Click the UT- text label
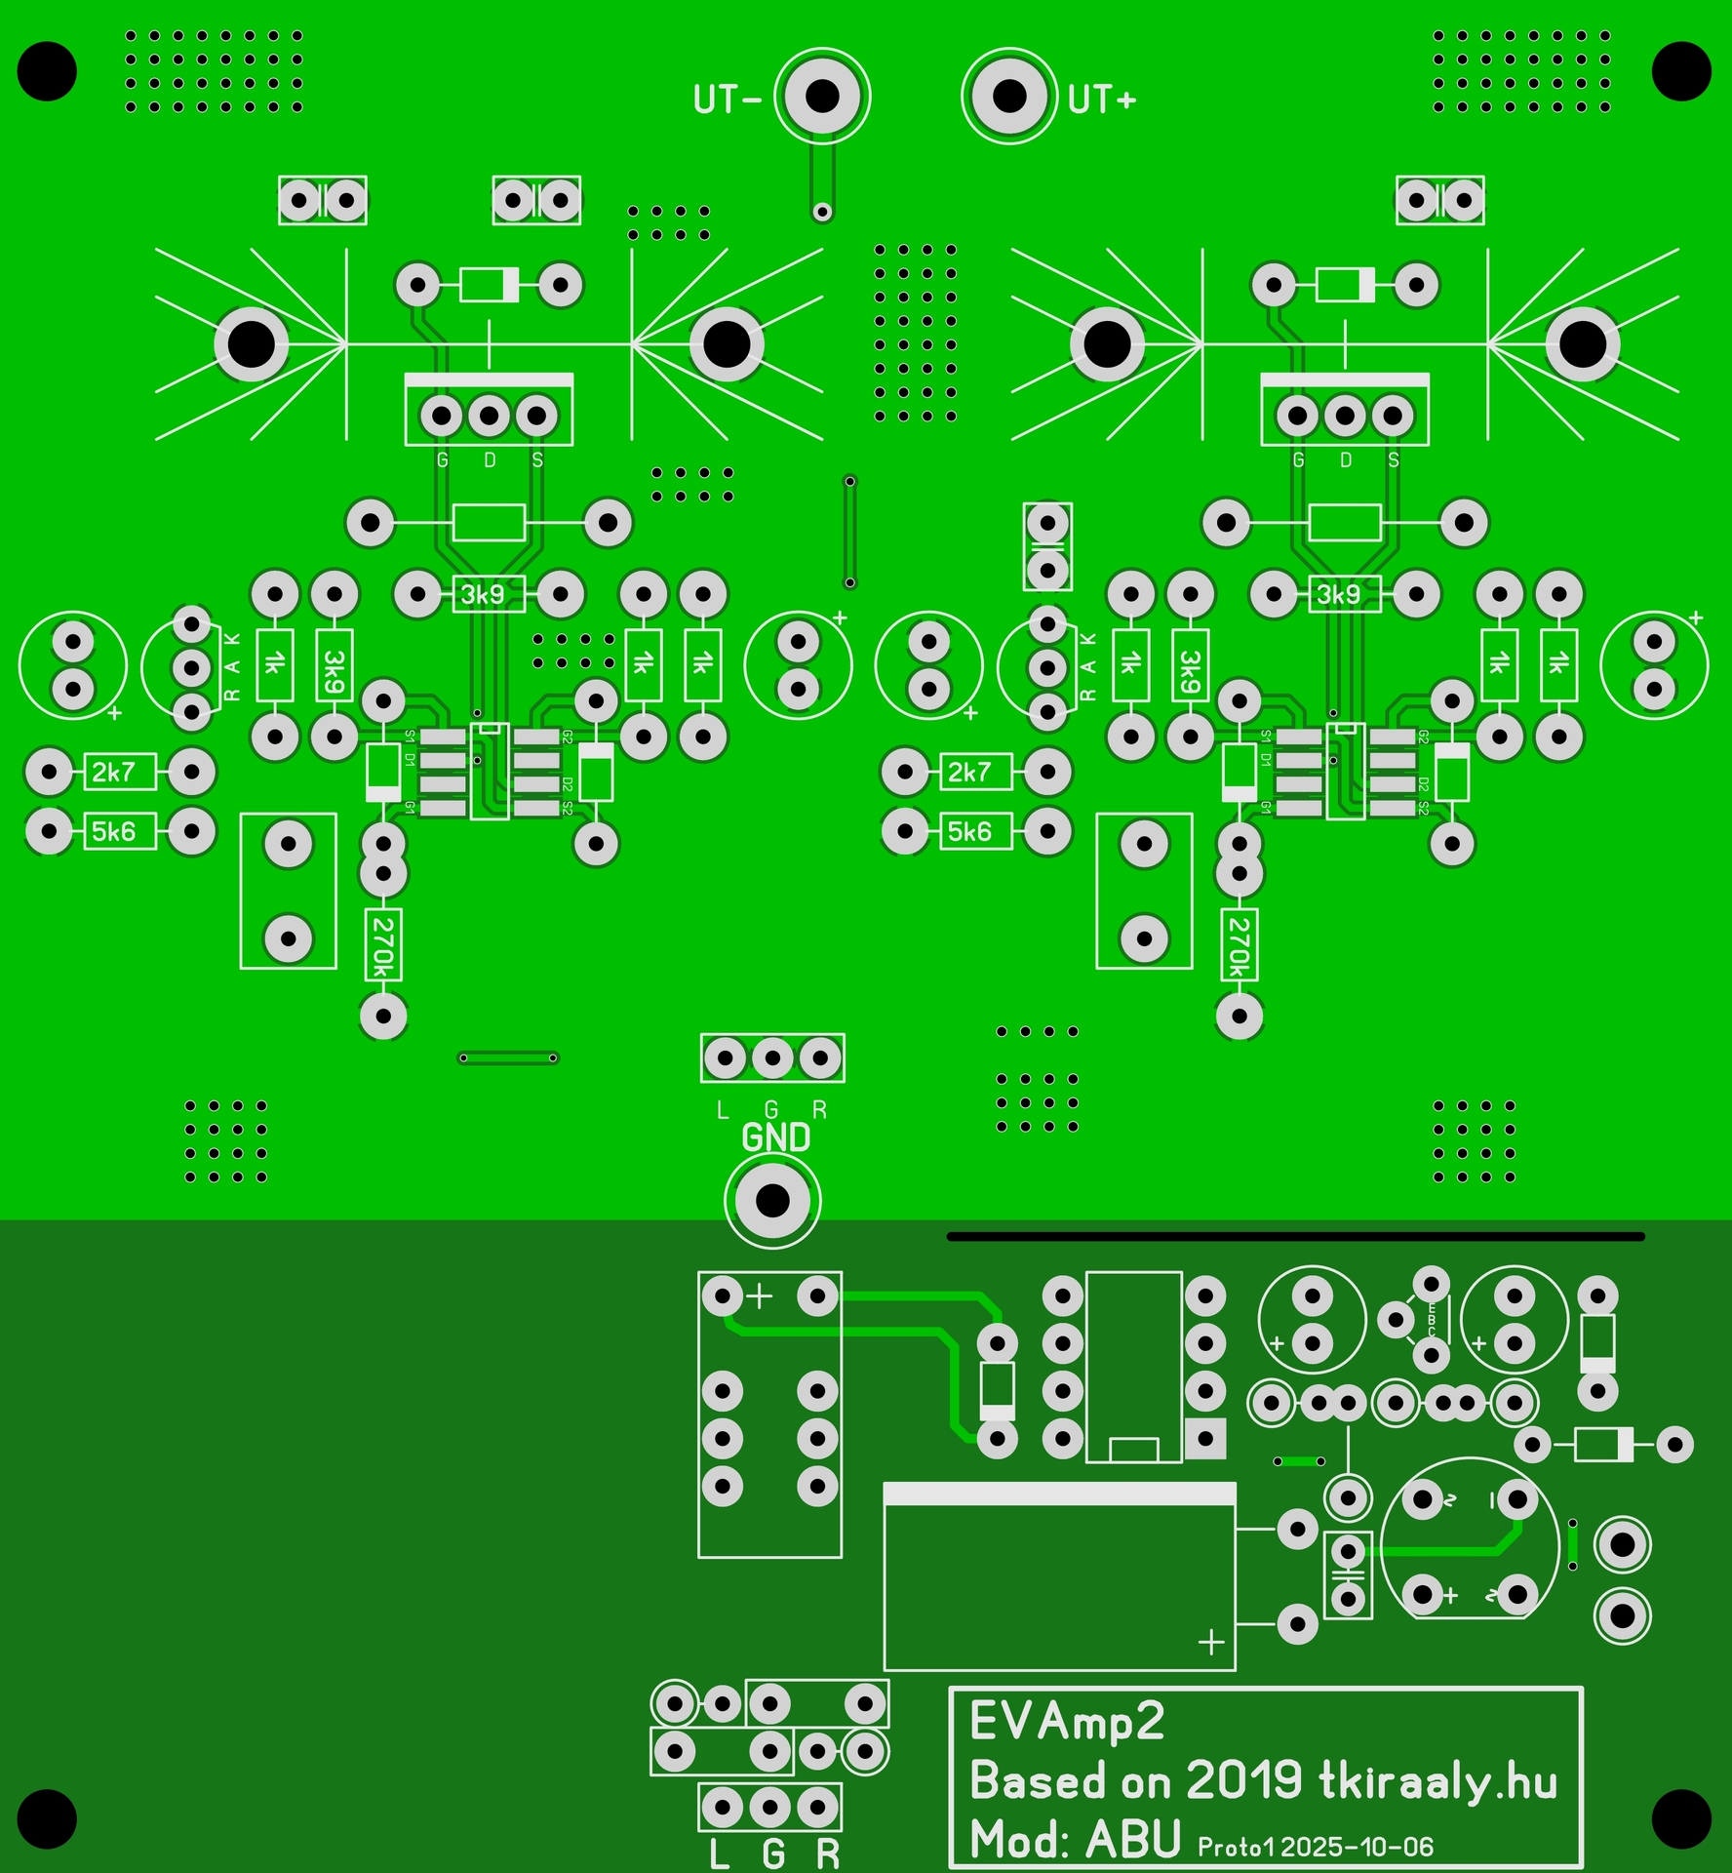coord(727,100)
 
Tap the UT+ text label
coord(1102,100)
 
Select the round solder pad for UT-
coord(822,96)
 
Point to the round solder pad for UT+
coord(1009,96)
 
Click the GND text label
coord(775,1137)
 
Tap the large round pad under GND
coord(772,1201)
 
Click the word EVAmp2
coord(1067,1723)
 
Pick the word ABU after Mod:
coord(1133,1840)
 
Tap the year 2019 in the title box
coord(1244,1781)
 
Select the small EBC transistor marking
coord(1432,1320)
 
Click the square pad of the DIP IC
coord(1205,1438)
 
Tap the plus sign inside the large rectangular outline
coord(1210,1642)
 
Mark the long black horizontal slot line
coord(1295,1236)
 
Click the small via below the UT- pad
coord(822,212)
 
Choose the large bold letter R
coord(828,1853)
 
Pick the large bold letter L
coord(720,1853)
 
